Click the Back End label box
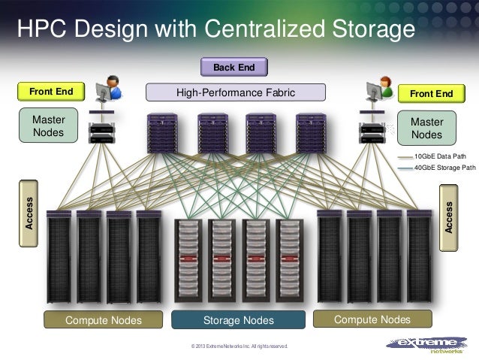[234, 68]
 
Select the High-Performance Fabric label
[236, 93]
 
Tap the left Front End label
[51, 93]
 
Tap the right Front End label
[431, 93]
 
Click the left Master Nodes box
[48, 127]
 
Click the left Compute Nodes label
[104, 321]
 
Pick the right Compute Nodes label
[373, 320]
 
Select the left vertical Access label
[29, 213]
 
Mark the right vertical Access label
[449, 216]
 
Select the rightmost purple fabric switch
[309, 132]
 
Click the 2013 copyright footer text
[239, 346]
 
